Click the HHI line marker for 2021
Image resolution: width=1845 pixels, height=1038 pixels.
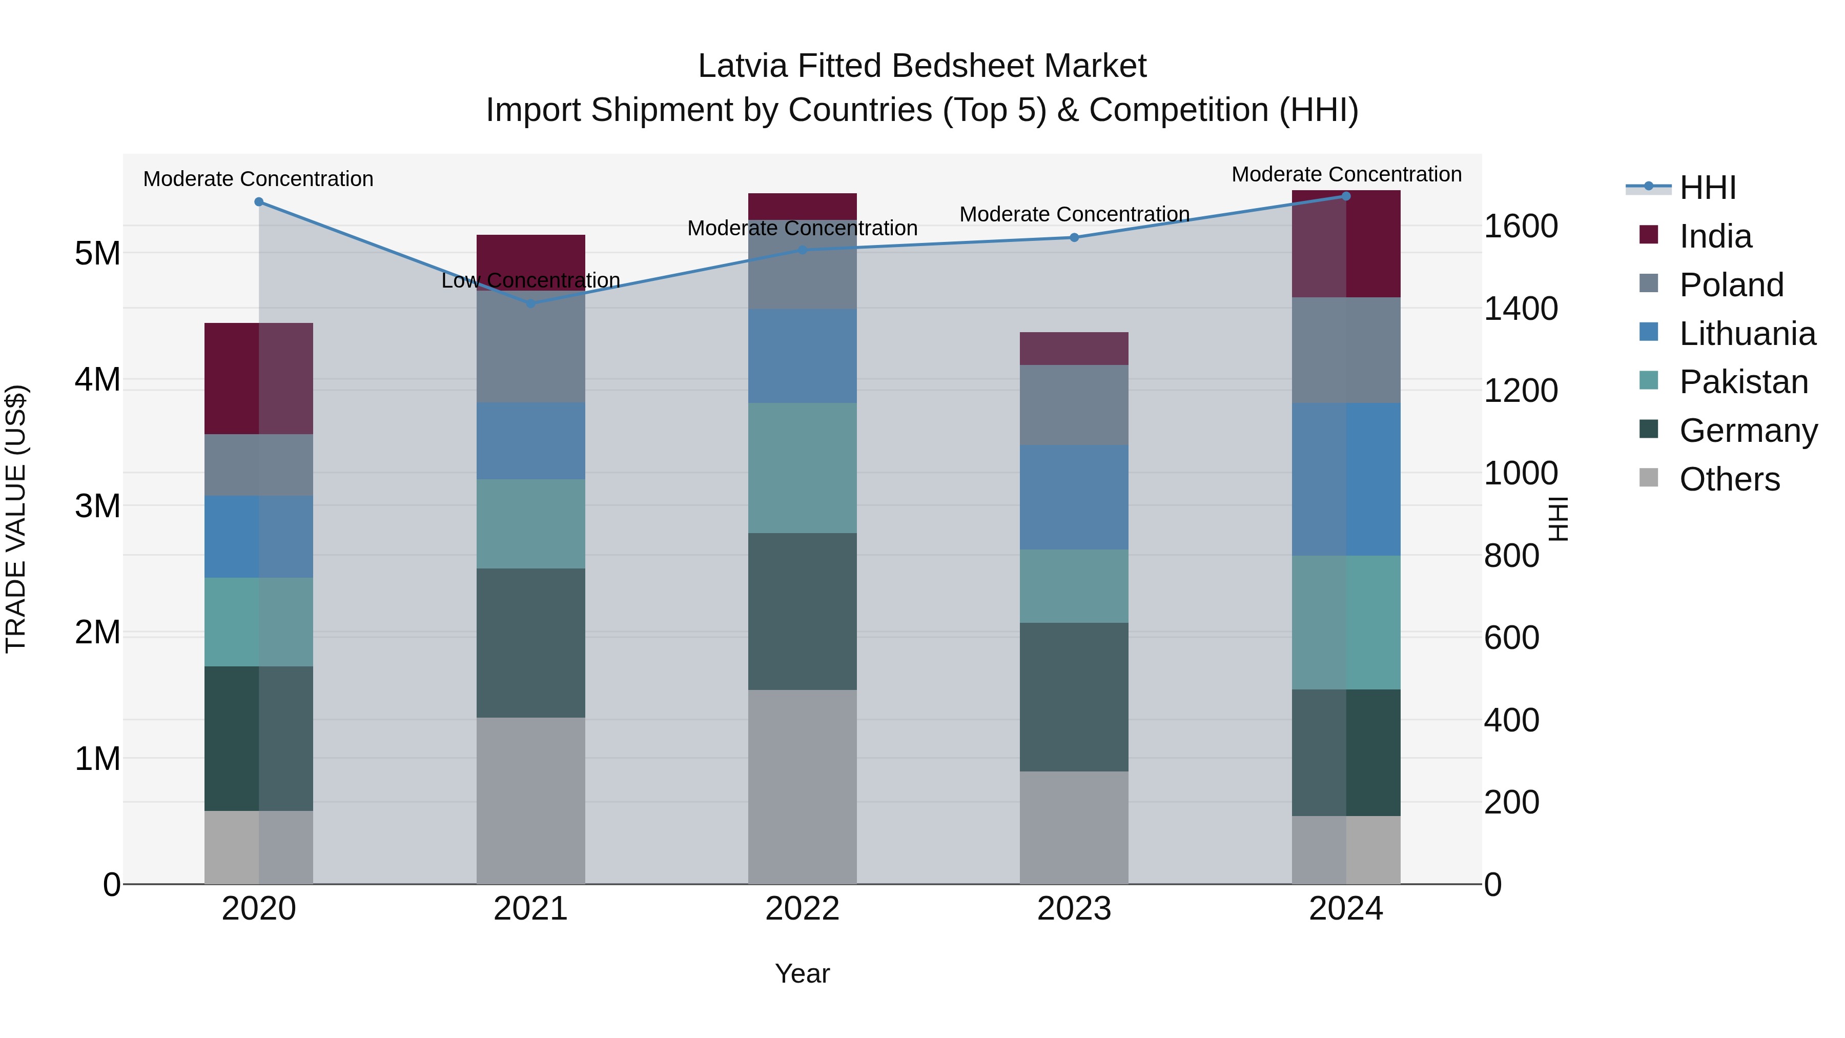point(531,304)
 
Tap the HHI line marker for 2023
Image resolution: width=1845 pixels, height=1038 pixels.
point(1074,237)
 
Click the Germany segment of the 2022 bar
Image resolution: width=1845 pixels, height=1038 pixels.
point(802,611)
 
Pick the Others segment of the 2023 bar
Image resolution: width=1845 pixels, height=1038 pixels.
point(1074,827)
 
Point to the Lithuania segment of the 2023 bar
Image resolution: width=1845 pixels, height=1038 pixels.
point(1074,497)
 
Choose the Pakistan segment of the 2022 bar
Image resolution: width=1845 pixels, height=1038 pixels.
point(802,468)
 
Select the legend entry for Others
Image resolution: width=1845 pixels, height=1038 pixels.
point(1729,479)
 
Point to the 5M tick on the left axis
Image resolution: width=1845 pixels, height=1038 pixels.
point(97,253)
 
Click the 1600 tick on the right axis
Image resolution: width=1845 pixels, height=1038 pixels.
point(1520,227)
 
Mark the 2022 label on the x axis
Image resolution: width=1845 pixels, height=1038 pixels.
point(802,909)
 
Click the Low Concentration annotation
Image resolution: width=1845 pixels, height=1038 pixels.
point(531,280)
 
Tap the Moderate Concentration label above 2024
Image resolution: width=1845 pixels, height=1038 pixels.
point(1346,174)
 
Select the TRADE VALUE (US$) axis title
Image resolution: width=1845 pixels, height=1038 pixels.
point(16,519)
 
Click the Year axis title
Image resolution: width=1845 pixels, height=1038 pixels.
point(802,973)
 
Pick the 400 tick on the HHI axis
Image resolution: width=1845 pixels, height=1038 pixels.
point(1511,720)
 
